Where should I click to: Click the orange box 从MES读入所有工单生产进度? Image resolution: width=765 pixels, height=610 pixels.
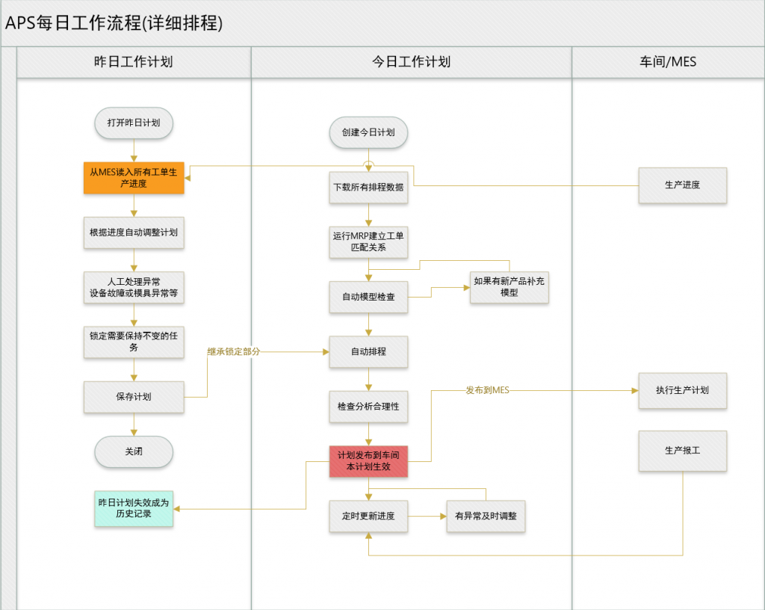[134, 178]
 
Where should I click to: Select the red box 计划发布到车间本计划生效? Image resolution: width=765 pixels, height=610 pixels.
[368, 461]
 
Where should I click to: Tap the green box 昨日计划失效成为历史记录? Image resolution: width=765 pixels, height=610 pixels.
[134, 508]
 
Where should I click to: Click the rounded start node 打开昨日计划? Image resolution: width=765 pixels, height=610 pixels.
[134, 123]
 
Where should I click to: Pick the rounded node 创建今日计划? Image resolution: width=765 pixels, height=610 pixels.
[368, 132]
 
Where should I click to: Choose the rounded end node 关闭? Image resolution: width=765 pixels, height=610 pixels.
[134, 452]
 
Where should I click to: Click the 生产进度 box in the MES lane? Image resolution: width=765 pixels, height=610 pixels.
[683, 185]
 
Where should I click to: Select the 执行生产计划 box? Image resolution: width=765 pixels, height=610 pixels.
[683, 390]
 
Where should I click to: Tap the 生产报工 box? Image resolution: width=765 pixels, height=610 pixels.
[683, 451]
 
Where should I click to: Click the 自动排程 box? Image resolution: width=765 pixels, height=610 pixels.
[368, 352]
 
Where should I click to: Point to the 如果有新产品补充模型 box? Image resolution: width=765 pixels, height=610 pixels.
[510, 287]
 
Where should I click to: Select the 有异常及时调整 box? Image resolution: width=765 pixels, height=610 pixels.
[486, 516]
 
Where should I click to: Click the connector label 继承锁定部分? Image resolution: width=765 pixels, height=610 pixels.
[234, 351]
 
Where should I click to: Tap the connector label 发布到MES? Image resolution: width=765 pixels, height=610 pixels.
[487, 390]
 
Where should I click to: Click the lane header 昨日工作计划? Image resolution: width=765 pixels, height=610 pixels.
[134, 62]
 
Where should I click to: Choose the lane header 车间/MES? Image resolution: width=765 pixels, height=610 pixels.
[668, 62]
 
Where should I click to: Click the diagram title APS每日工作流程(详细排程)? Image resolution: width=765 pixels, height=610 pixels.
[114, 23]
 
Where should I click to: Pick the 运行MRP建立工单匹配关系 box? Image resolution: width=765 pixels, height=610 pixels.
[368, 242]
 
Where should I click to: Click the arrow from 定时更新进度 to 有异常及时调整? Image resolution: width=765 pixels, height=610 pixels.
[427, 517]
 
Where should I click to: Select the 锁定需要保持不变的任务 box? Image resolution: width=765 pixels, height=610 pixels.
[134, 342]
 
